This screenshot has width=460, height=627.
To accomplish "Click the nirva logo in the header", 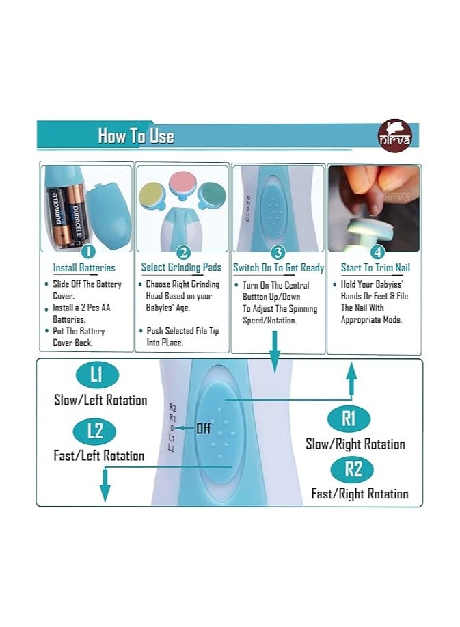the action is click(394, 135).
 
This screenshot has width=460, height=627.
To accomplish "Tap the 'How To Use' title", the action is click(136, 135).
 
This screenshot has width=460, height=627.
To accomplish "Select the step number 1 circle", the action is click(88, 252).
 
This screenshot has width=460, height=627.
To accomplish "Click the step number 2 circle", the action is click(183, 252).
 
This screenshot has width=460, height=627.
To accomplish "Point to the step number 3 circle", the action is click(278, 252).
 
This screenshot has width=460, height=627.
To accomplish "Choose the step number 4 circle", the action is click(377, 252).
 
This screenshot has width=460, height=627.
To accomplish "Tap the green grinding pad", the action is click(212, 194).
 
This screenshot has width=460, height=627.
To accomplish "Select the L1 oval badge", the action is click(97, 375).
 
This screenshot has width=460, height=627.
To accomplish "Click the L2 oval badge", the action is click(95, 431).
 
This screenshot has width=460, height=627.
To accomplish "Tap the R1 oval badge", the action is click(349, 418).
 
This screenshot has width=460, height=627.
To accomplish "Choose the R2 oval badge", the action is click(352, 468).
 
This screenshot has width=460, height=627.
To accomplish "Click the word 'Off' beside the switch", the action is click(203, 429).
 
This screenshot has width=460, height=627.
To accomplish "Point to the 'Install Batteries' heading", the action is click(84, 268).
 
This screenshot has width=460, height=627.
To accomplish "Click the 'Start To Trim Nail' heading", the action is click(375, 267).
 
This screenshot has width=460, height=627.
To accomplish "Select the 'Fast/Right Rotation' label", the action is click(360, 494).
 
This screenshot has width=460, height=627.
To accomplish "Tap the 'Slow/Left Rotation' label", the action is click(100, 400).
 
